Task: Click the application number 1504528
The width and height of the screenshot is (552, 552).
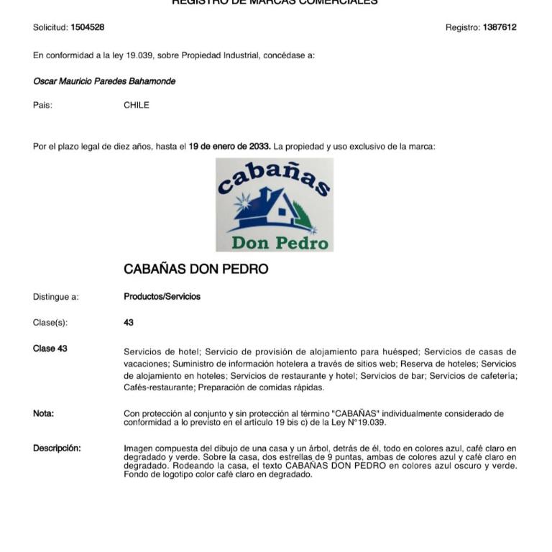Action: point(87,27)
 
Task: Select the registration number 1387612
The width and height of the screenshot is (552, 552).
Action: point(500,27)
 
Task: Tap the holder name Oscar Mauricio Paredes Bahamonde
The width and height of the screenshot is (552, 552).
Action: point(104,81)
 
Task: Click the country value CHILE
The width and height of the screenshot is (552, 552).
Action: point(137,105)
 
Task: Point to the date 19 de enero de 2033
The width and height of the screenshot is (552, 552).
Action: point(229,147)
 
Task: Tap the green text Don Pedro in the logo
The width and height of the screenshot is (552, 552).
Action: point(280,242)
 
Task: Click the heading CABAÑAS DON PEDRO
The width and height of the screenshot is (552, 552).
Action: point(195,270)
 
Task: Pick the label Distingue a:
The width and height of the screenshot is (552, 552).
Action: point(56,297)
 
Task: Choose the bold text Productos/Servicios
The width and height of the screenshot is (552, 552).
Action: point(162,297)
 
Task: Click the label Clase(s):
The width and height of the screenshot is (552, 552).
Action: point(50,323)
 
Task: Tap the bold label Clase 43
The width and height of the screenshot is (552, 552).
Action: point(50,349)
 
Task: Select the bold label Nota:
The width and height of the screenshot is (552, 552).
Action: point(43,413)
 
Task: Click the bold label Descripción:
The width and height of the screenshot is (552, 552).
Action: point(57,448)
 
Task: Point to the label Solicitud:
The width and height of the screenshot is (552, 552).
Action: point(50,27)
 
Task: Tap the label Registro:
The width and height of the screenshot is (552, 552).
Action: point(462,27)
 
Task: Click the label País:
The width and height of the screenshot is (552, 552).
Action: point(42,105)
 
